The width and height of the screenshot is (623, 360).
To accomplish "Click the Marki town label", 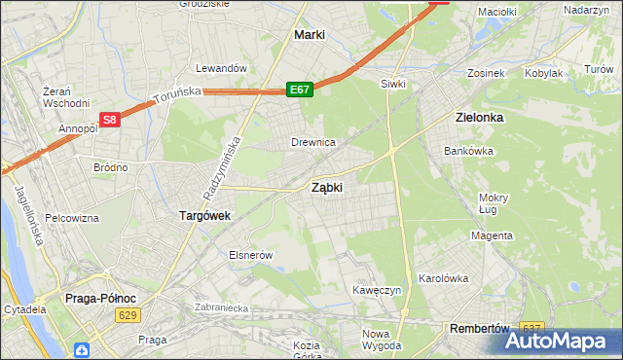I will (x=309, y=35).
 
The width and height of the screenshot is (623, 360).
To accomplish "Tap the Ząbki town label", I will (x=326, y=188).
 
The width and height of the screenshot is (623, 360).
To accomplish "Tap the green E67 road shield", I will (x=300, y=90).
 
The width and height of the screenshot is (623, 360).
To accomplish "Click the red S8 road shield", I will (x=110, y=121).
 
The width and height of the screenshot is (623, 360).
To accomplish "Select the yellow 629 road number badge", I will (x=127, y=315).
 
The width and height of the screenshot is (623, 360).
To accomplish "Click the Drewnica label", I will (x=313, y=142).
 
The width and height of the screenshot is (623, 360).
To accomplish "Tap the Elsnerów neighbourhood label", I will (x=249, y=254).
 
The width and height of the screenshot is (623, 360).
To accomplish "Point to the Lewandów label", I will (x=218, y=68).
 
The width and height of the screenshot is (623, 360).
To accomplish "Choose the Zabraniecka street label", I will (x=223, y=306).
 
